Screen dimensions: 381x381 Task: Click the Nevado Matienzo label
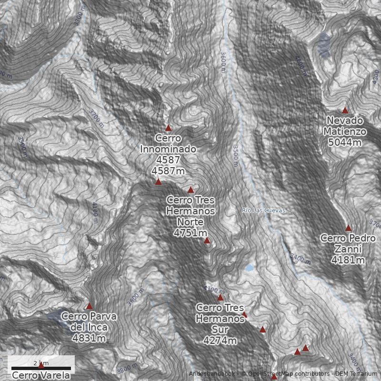pos(345,126)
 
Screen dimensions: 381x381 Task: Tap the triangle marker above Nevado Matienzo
pos(345,110)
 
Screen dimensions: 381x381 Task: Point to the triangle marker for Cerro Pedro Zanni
pos(348,228)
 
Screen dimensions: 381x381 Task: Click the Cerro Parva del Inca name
pos(89,322)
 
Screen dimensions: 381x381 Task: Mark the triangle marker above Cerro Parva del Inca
pos(89,306)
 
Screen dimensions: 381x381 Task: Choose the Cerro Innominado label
pos(168,143)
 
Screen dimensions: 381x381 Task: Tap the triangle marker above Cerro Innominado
pos(168,128)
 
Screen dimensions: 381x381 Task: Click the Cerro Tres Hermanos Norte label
pos(190,211)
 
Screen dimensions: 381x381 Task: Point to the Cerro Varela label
pos(41,375)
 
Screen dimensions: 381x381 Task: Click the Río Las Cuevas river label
pos(263,210)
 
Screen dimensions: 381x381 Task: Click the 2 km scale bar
pos(41,368)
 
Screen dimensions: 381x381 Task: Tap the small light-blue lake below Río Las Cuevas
pos(249,268)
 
